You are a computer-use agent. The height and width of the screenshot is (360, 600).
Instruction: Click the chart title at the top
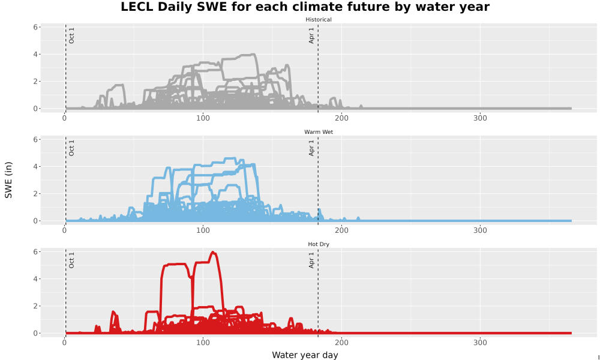pos(305,7)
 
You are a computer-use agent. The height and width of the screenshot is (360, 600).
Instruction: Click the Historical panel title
pos(319,20)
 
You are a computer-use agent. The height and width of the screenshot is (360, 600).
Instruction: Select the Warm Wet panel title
pos(319,132)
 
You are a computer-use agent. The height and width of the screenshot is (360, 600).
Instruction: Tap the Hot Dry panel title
pos(319,244)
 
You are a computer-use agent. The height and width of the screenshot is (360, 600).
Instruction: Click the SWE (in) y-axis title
pos(8,180)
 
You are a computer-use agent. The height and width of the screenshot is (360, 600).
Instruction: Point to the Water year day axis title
pos(305,355)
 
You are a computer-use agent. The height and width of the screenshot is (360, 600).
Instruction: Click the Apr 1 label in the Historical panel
pos(311,35)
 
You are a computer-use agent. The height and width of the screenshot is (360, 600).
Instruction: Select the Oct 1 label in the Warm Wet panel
pos(71,148)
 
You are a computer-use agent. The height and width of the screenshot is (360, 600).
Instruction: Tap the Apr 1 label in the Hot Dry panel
pos(311,260)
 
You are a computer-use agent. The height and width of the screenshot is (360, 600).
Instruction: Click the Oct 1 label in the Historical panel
pos(71,35)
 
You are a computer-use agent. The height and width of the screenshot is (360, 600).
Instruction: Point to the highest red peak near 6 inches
pos(213,252)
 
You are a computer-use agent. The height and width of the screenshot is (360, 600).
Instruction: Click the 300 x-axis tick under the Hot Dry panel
pos(480,343)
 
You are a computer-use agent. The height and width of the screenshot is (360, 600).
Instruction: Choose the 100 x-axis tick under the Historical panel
pos(203,118)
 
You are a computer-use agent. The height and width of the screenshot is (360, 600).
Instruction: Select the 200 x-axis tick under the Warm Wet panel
pos(341,230)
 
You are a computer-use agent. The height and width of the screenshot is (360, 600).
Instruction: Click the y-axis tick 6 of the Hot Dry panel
pos(35,252)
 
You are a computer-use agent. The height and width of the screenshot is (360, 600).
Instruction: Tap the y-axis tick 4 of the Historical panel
pos(35,55)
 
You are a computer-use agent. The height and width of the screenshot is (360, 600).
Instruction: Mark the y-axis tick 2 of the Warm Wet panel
pos(35,194)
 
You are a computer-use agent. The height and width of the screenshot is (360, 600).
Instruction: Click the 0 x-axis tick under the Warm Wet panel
pos(64,230)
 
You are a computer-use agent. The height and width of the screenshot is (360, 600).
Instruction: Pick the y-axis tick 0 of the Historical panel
pos(35,109)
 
